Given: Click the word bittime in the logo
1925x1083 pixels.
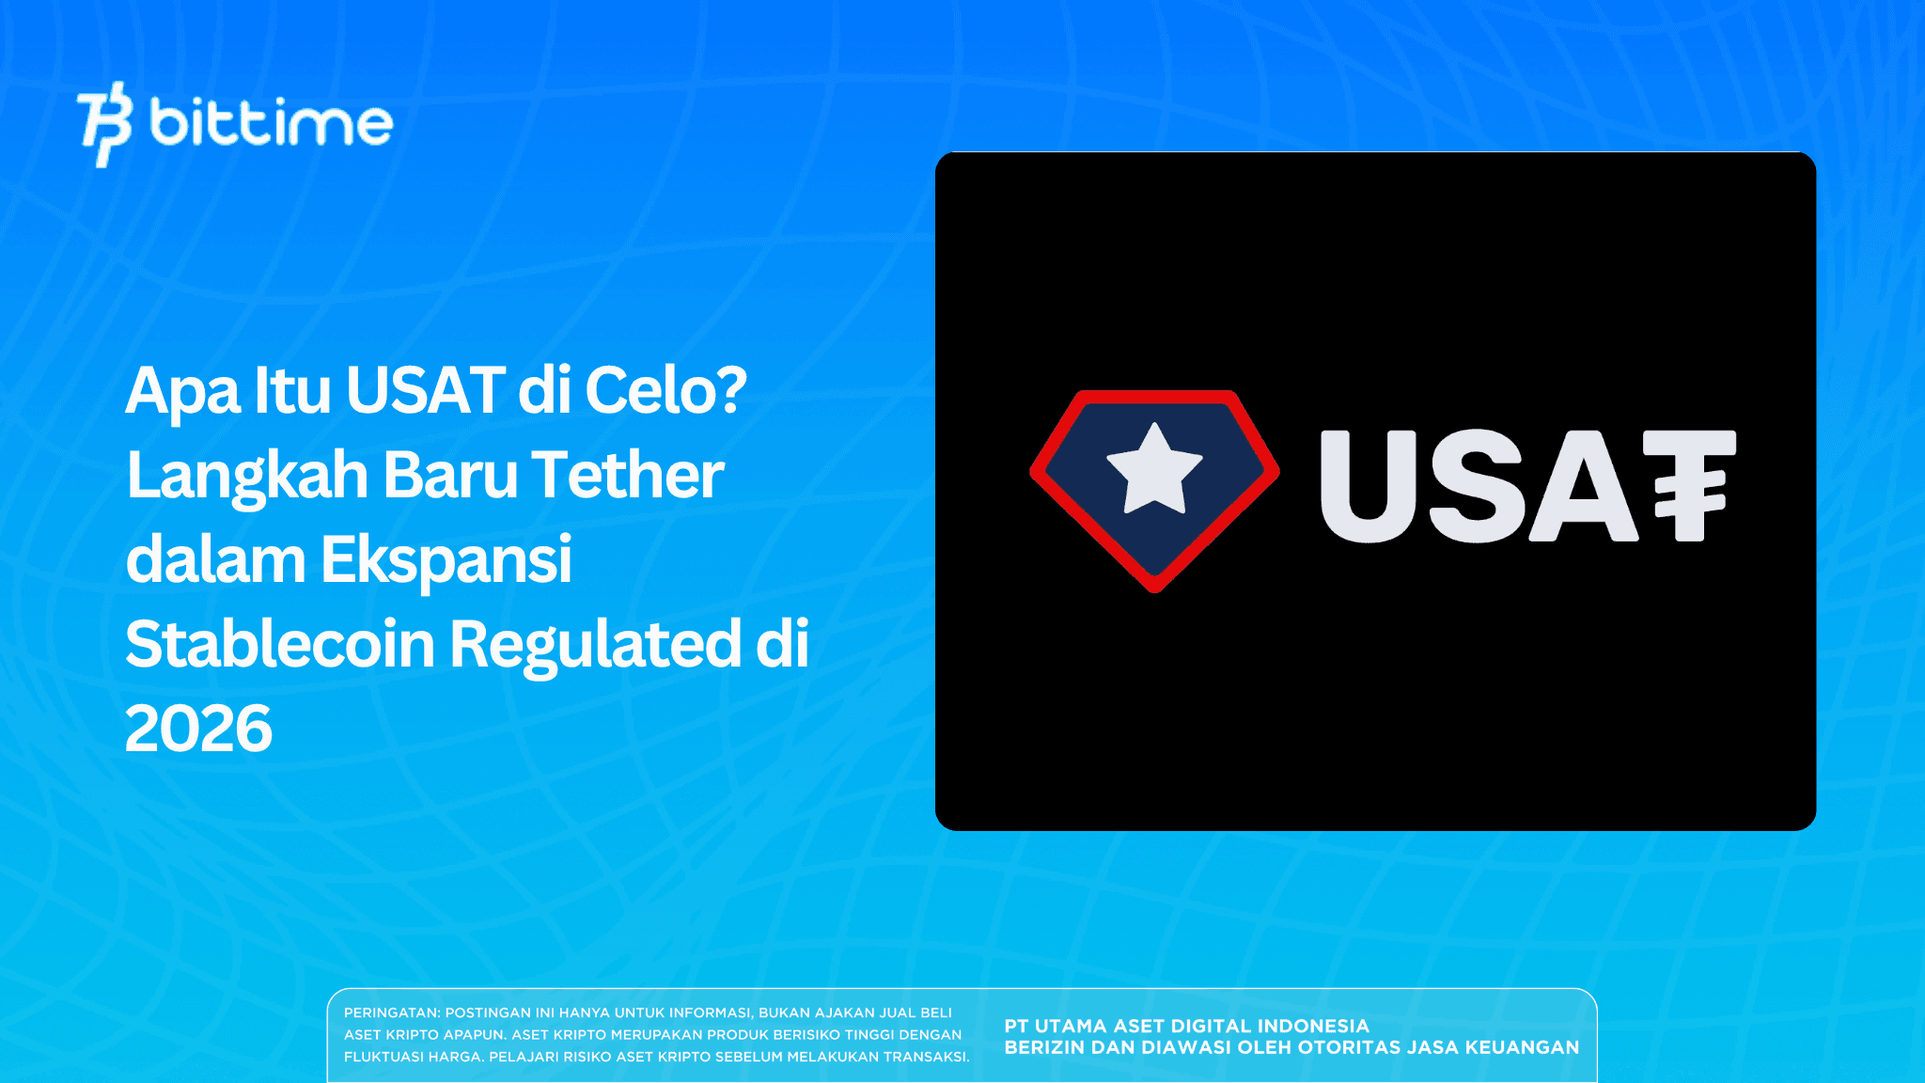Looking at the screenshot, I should (272, 123).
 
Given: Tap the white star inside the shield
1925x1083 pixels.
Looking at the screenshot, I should (1154, 469).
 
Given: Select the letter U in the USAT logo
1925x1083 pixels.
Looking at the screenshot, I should (1368, 486).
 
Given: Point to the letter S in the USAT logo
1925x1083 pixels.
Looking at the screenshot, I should (1475, 486).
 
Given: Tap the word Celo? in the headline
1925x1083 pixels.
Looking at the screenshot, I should (665, 390).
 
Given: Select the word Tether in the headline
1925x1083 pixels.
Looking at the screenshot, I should (628, 475).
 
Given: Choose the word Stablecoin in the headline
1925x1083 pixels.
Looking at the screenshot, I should (280, 645).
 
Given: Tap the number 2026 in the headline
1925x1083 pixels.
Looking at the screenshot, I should (198, 730).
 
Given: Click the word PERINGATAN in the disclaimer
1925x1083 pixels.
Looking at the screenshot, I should (391, 1012).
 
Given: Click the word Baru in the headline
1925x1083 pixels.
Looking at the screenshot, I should (450, 475).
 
